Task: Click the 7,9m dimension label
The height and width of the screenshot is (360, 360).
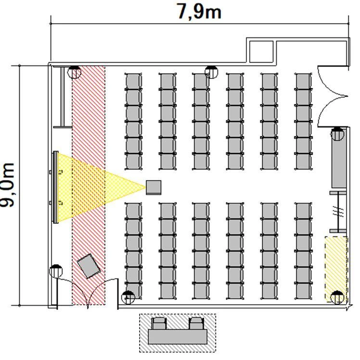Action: [x=199, y=12]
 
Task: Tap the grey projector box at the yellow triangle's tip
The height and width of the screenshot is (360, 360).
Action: [x=154, y=188]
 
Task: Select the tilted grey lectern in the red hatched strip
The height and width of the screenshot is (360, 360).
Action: [x=89, y=266]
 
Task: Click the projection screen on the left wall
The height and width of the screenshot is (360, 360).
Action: [x=55, y=187]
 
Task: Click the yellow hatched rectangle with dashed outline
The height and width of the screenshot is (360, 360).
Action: [x=336, y=269]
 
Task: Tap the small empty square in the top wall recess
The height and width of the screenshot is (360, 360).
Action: [x=261, y=51]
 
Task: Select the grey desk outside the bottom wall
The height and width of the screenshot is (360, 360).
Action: [x=178, y=337]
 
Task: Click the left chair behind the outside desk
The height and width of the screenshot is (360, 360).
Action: [x=159, y=323]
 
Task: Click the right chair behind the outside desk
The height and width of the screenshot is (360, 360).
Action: [x=196, y=323]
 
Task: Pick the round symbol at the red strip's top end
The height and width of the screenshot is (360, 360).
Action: [x=74, y=72]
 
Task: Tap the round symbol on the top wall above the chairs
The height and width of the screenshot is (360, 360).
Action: [x=211, y=72]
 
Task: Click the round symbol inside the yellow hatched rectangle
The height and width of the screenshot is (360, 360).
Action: [x=337, y=297]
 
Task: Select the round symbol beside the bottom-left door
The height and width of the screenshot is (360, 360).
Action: [x=56, y=271]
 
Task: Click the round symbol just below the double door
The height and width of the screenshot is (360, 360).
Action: [x=337, y=134]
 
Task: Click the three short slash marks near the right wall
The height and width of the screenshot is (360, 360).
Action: [x=338, y=211]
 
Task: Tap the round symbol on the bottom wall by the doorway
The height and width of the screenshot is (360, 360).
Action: [x=128, y=297]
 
